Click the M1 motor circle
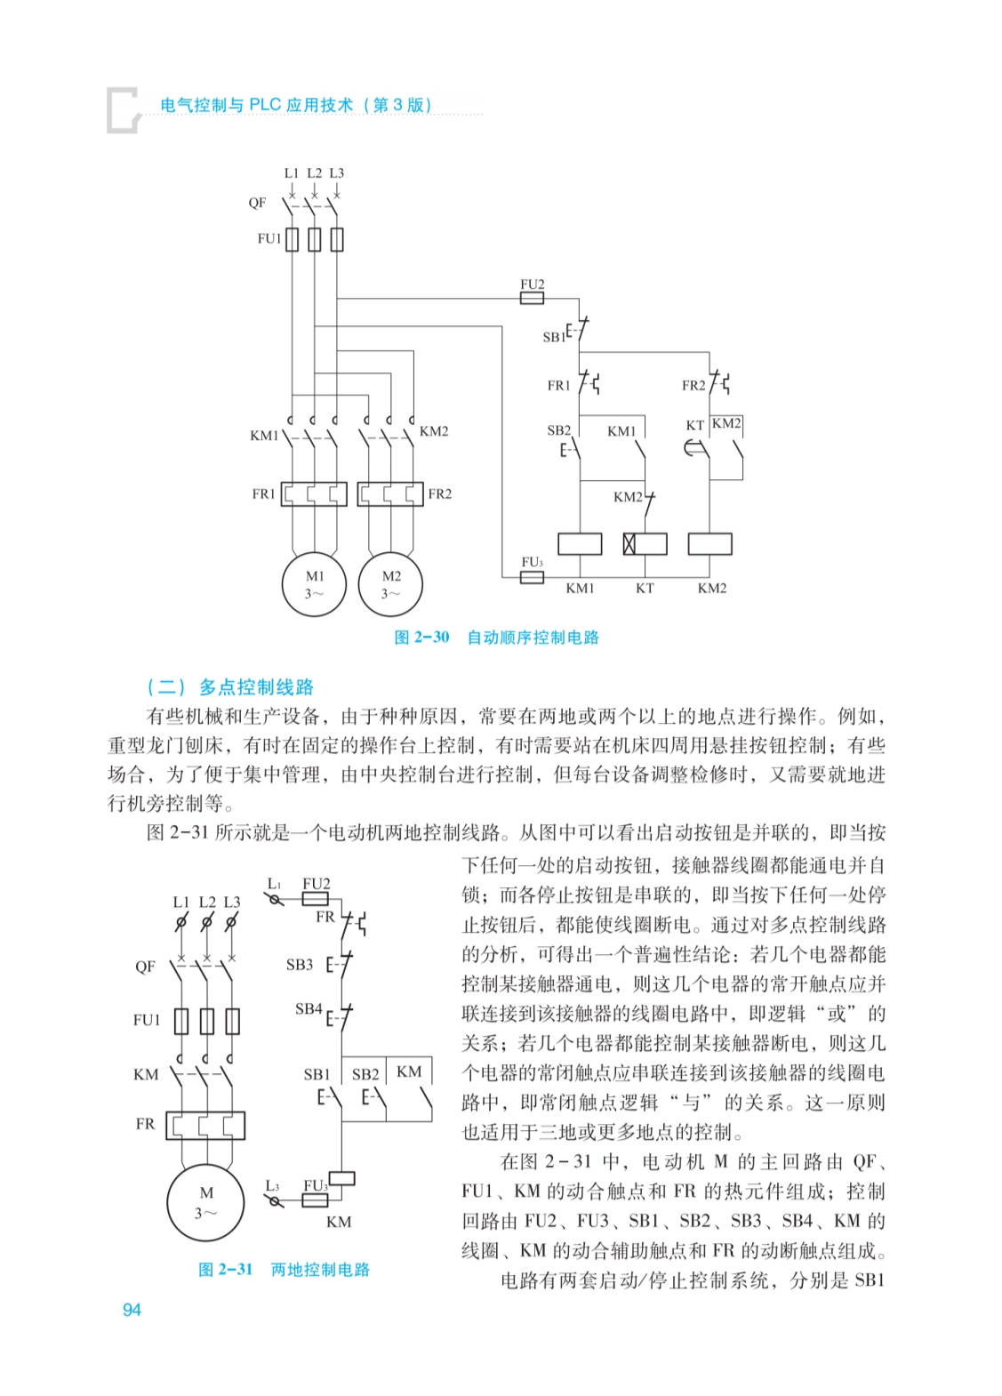click(314, 584)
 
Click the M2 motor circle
click(390, 584)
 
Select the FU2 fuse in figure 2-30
click(532, 299)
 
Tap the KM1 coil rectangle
click(580, 543)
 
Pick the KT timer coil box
click(645, 543)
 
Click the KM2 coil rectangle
click(710, 543)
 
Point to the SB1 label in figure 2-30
click(553, 337)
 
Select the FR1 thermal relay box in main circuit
click(314, 494)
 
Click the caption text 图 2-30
click(421, 638)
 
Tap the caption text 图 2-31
click(226, 1270)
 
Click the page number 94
click(132, 1310)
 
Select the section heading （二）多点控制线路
click(230, 687)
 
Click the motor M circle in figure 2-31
click(205, 1202)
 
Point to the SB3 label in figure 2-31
click(300, 965)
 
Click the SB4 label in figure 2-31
click(309, 1009)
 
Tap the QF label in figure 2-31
click(145, 967)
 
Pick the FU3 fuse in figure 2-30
click(532, 578)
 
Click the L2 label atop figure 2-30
click(314, 173)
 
